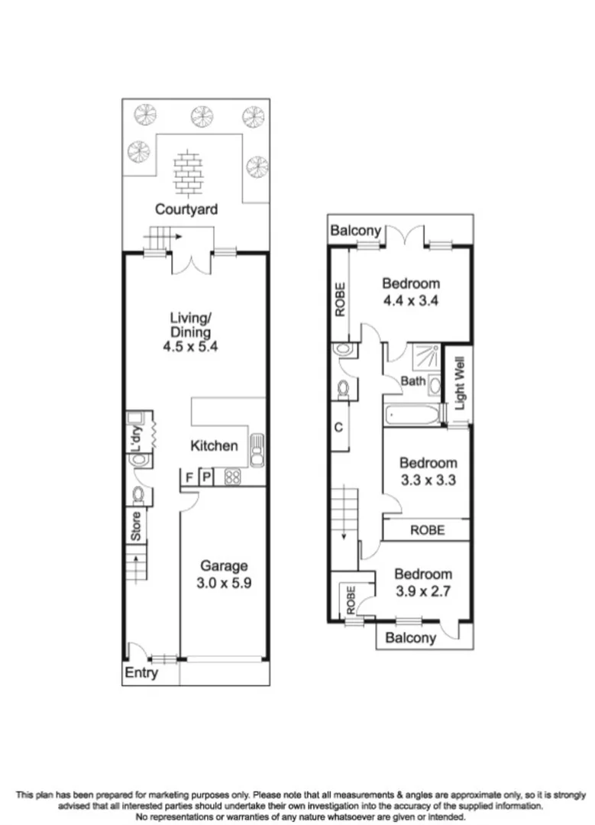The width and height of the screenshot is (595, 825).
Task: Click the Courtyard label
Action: [x=186, y=209]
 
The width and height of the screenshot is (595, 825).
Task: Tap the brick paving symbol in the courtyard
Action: [x=186, y=174]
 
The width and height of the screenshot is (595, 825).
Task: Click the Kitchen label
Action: [x=214, y=445]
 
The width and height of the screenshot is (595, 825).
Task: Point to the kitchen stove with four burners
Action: [x=232, y=477]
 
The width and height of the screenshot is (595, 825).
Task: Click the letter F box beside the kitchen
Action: [x=188, y=477]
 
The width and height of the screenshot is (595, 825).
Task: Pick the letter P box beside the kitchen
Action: [x=205, y=477]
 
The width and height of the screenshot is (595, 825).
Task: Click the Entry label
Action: [x=141, y=672]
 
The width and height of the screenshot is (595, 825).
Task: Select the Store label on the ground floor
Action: [x=135, y=527]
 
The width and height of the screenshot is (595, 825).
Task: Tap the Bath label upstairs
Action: [x=413, y=380]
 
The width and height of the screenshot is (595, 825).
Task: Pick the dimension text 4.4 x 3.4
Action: [x=411, y=300]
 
